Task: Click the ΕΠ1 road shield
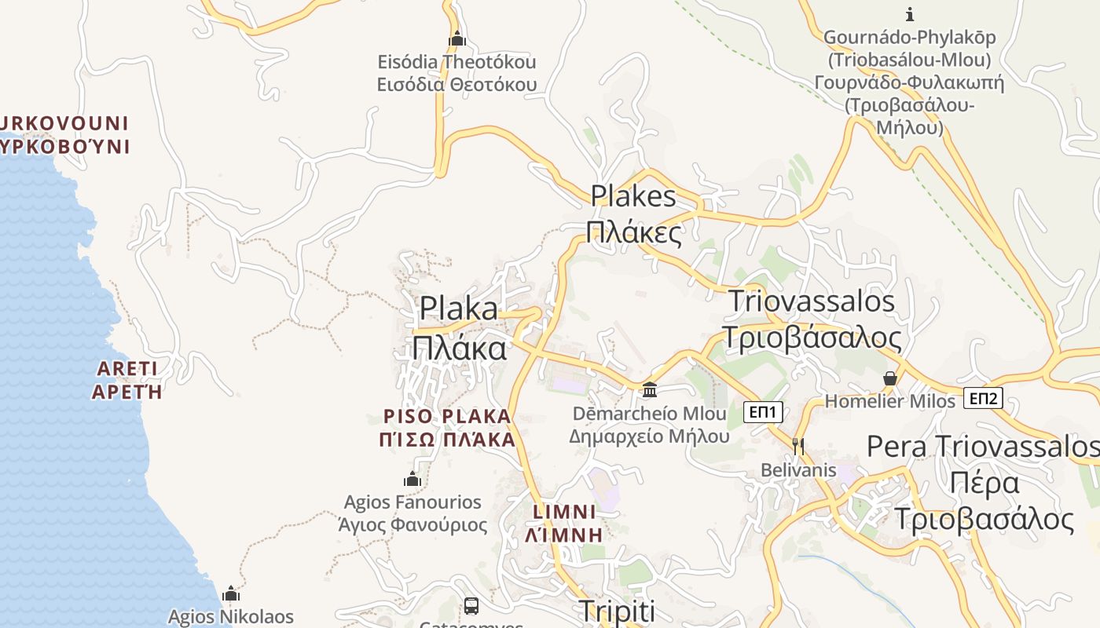763,411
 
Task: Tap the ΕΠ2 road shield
983,399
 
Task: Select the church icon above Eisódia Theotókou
456,38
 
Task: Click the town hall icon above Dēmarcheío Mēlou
650,389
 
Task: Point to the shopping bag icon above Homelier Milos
890,379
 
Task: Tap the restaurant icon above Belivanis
798,447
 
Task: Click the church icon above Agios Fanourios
412,479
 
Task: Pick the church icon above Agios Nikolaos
230,593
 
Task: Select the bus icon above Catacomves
471,606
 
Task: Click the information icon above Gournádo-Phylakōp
910,14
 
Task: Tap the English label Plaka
459,309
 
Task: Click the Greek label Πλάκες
634,232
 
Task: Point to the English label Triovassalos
812,301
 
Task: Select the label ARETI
127,368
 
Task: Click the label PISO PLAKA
447,415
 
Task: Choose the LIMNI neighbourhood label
565,512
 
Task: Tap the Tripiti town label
616,611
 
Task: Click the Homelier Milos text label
889,401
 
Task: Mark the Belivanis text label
798,470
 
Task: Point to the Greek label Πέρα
984,483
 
